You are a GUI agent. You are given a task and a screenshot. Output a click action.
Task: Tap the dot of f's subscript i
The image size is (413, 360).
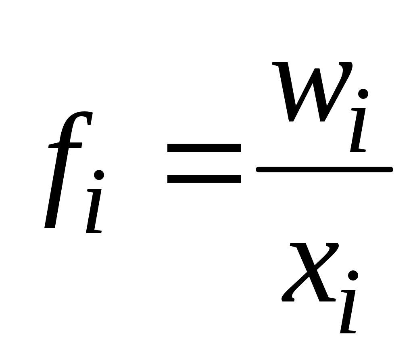[99, 175]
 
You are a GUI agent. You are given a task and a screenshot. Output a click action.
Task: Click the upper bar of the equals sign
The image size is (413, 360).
[204, 148]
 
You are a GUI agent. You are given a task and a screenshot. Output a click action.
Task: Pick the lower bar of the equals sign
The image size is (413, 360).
[204, 179]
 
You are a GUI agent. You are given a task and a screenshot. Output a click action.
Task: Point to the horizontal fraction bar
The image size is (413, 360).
[324, 170]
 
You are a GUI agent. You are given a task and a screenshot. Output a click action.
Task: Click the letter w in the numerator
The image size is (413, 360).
[312, 92]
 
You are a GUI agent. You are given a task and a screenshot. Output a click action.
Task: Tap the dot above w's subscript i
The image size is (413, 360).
[363, 94]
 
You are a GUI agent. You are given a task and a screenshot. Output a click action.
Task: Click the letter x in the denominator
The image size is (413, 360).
[310, 272]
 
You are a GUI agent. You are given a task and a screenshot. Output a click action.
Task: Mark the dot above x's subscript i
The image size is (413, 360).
[353, 276]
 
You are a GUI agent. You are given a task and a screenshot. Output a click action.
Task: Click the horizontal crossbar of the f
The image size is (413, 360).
[65, 145]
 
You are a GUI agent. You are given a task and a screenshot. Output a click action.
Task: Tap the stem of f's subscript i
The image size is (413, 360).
[94, 211]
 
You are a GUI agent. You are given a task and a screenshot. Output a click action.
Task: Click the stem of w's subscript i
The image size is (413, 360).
[358, 130]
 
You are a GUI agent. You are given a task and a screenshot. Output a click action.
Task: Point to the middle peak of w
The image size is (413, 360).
[317, 69]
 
